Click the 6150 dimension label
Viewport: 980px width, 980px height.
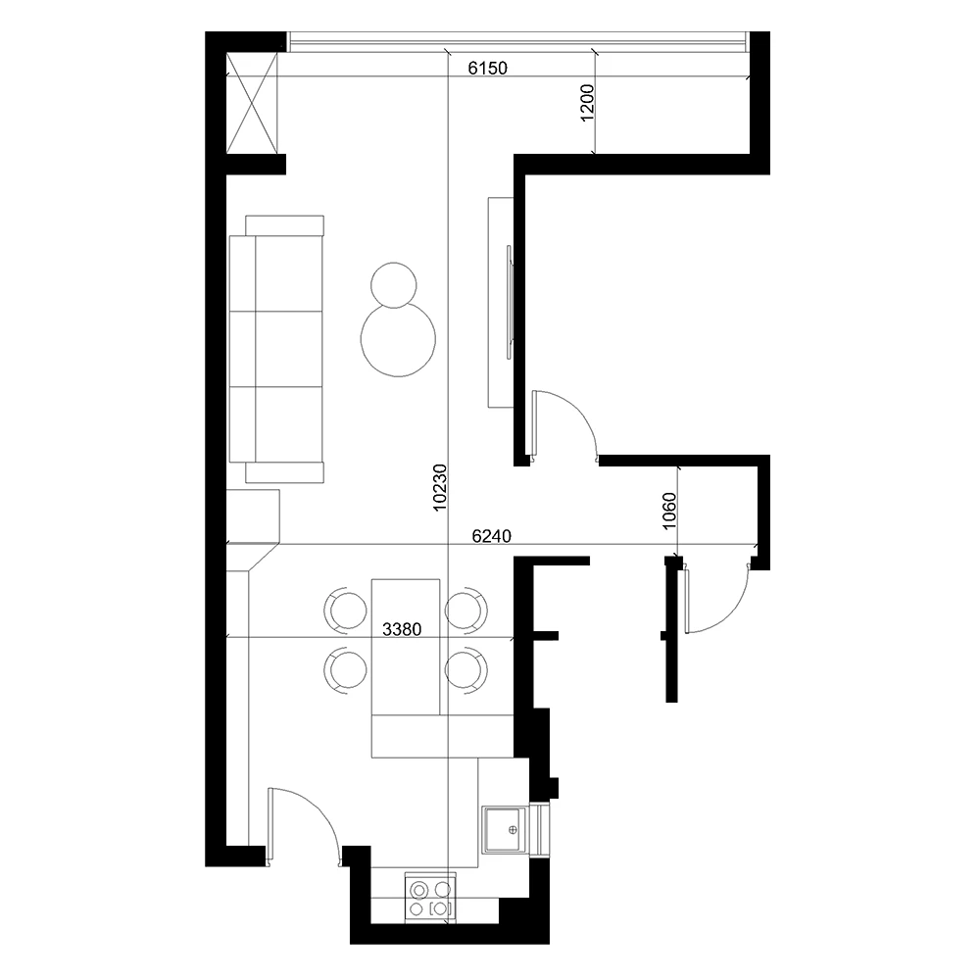(x=487, y=69)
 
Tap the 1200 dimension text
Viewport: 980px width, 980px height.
(x=587, y=103)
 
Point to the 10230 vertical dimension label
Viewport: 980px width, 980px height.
(x=440, y=487)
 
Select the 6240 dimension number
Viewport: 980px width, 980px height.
(x=491, y=536)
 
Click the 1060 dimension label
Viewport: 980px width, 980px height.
(x=669, y=512)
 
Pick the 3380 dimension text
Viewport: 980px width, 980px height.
(x=402, y=629)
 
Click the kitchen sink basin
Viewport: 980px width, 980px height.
(x=506, y=829)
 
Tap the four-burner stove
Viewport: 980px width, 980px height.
(x=430, y=897)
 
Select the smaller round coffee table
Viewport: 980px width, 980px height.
(x=394, y=284)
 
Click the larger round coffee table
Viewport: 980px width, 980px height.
(x=398, y=339)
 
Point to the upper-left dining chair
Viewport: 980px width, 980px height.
(x=346, y=610)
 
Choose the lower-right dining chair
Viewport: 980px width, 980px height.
(x=466, y=670)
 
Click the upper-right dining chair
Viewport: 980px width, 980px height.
(x=466, y=610)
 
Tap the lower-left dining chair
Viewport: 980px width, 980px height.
(x=346, y=670)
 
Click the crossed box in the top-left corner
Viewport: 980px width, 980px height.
(x=252, y=103)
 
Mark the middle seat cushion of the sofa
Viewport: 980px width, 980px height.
(x=289, y=349)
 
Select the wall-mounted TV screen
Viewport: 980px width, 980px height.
(x=510, y=302)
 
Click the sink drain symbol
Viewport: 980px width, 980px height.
(x=514, y=829)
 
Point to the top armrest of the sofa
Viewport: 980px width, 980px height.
(x=284, y=225)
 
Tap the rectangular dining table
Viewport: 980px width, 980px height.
(x=406, y=647)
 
